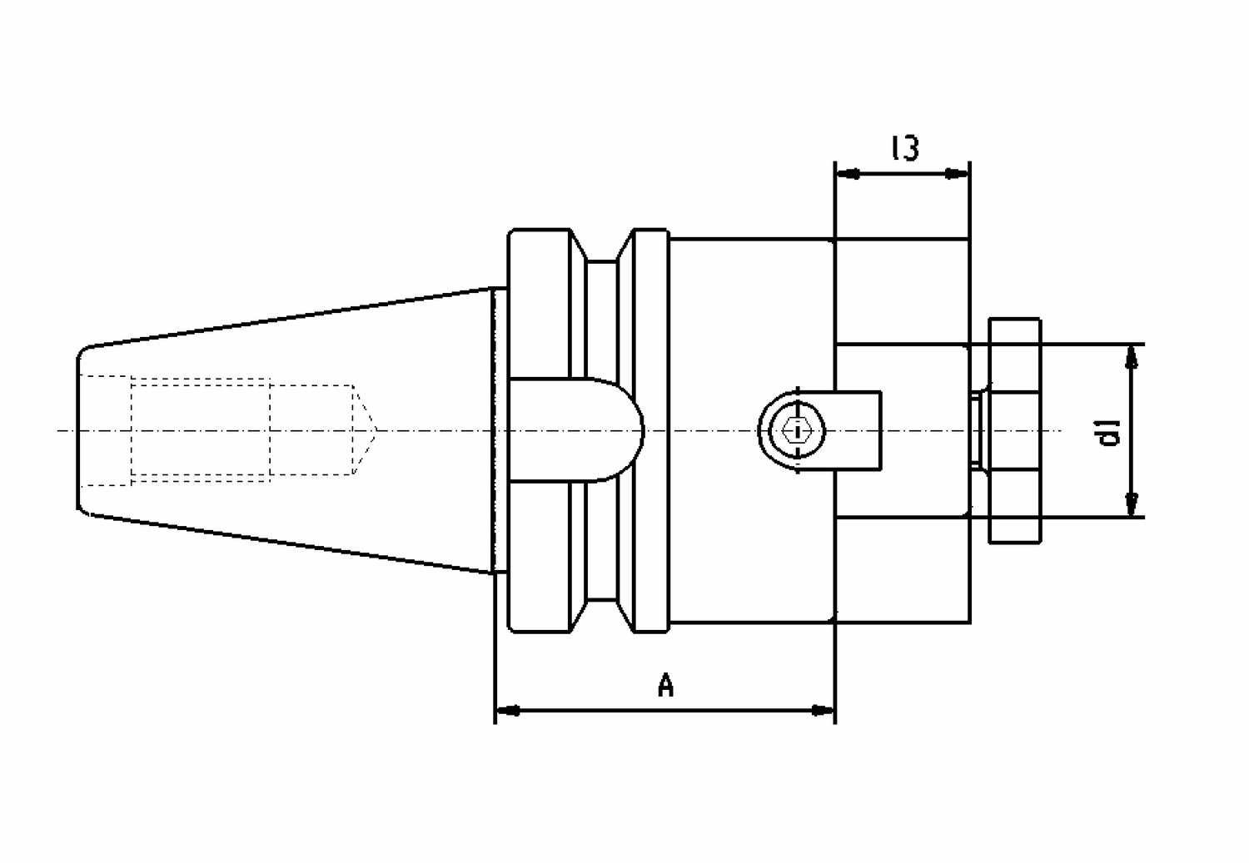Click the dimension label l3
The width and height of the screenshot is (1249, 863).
[905, 148]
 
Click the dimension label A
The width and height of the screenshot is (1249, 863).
[665, 685]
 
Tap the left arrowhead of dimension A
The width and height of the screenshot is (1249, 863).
[507, 711]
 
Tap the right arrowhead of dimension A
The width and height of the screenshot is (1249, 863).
[823, 711]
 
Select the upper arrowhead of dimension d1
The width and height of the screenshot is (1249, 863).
[1132, 356]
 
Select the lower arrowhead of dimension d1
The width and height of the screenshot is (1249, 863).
[1132, 505]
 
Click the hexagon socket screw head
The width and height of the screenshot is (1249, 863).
[798, 430]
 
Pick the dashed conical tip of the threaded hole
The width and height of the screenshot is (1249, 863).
[365, 430]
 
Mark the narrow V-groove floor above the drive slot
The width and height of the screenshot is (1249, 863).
[602, 319]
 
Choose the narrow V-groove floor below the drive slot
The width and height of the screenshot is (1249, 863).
[602, 541]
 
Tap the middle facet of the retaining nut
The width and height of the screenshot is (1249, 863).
[1013, 430]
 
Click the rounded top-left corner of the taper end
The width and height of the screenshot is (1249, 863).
[83, 351]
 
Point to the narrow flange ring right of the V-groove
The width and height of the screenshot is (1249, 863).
[652, 430]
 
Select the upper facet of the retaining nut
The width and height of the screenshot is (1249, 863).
[1014, 355]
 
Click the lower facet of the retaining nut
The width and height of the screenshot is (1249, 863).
[1014, 507]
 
